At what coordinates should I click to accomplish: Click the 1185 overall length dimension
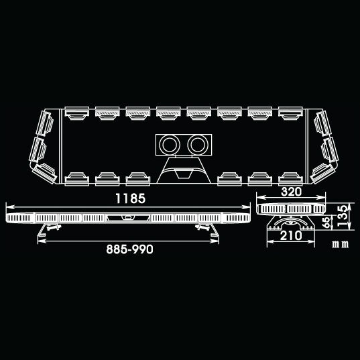click(131, 198)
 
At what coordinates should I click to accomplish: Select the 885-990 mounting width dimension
click(129, 249)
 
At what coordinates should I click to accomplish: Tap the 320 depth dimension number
click(291, 192)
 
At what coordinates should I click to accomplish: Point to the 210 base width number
click(291, 235)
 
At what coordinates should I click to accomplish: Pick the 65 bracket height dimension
click(326, 223)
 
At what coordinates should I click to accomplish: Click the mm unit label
click(341, 244)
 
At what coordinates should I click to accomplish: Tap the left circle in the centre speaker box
click(170, 145)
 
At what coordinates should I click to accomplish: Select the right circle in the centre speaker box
click(198, 145)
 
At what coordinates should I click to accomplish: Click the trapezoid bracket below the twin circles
click(184, 170)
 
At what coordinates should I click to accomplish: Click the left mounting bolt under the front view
click(54, 227)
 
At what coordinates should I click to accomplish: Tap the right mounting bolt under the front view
click(202, 227)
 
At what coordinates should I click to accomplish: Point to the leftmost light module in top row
click(77, 113)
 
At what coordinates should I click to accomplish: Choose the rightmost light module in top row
click(290, 113)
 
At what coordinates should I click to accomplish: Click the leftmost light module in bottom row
click(77, 179)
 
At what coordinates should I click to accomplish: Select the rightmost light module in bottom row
click(290, 179)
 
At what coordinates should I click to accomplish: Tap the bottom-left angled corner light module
click(44, 174)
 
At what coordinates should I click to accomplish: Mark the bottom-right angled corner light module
click(322, 174)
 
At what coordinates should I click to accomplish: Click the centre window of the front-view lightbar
click(128, 218)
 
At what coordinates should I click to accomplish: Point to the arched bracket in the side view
click(291, 220)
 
